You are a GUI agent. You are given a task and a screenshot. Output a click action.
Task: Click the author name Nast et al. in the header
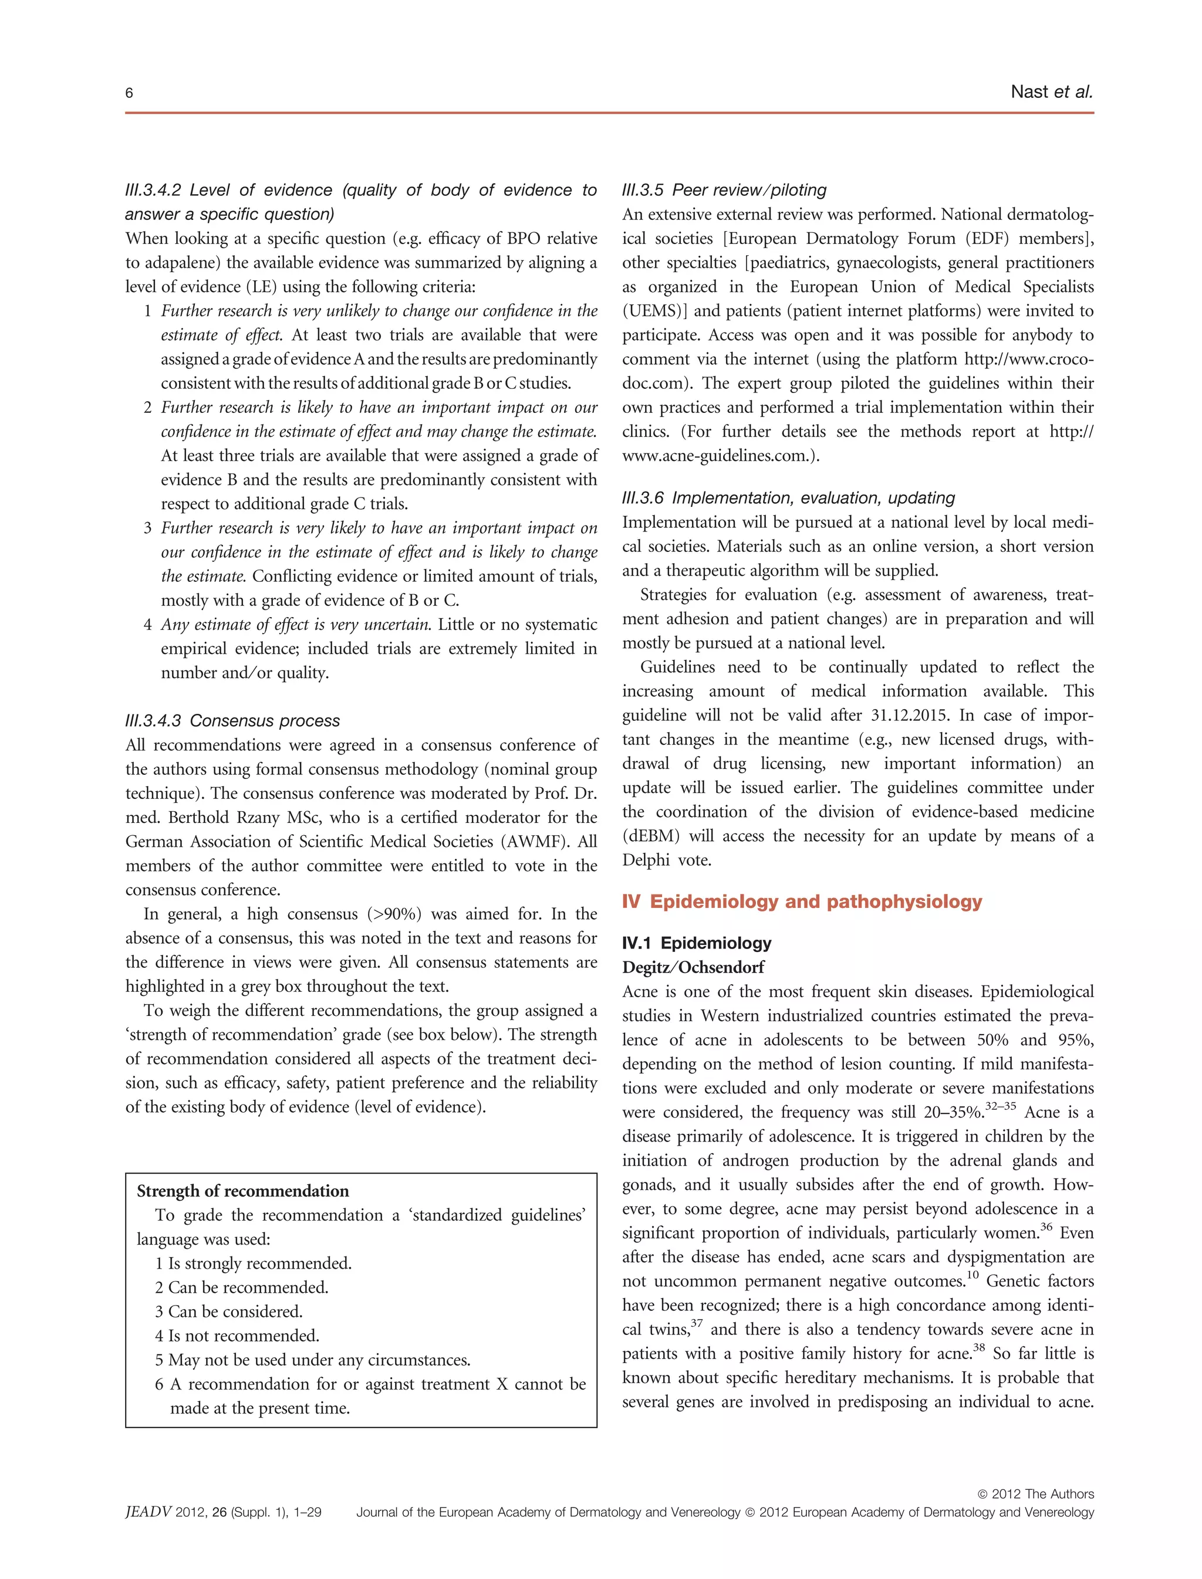point(1051,92)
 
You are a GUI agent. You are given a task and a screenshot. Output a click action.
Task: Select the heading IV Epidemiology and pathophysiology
point(801,901)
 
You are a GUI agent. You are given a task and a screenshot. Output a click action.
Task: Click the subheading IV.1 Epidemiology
point(696,943)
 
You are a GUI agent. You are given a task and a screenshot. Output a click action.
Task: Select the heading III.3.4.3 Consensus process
point(232,720)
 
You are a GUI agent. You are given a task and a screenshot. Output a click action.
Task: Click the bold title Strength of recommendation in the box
point(242,1191)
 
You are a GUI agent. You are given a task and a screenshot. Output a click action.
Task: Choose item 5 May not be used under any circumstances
point(312,1360)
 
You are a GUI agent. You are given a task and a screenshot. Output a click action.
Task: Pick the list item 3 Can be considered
point(228,1311)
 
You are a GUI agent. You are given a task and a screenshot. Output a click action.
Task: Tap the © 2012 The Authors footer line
point(1035,1494)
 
